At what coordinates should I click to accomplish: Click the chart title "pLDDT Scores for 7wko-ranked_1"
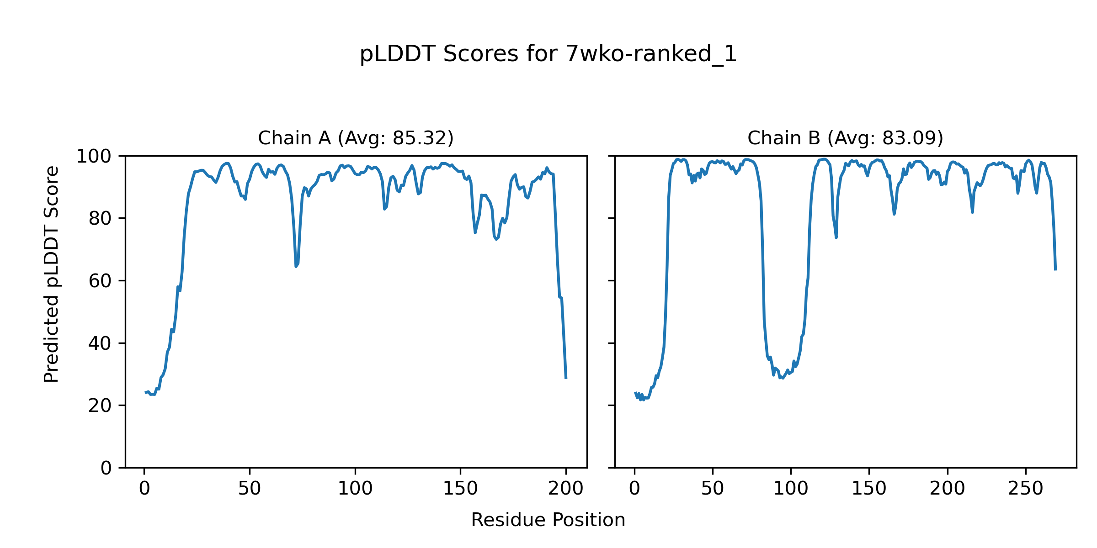pyautogui.click(x=548, y=54)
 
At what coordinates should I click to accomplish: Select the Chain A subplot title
pyautogui.click(x=356, y=138)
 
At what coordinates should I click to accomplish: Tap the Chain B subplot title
pyautogui.click(x=845, y=138)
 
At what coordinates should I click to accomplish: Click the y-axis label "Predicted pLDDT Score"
pyautogui.click(x=52, y=274)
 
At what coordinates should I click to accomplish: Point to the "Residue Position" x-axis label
pyautogui.click(x=548, y=520)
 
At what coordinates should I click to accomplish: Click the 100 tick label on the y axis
pyautogui.click(x=94, y=157)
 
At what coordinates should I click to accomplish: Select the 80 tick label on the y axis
pyautogui.click(x=100, y=219)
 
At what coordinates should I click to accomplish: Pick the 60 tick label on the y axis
pyautogui.click(x=100, y=281)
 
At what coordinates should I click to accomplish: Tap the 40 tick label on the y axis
pyautogui.click(x=100, y=343)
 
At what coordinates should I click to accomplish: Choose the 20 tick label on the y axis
pyautogui.click(x=100, y=406)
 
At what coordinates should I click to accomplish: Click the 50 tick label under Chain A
pyautogui.click(x=250, y=489)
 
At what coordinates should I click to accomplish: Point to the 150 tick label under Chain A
pyautogui.click(x=460, y=489)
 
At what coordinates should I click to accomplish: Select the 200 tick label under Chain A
pyautogui.click(x=566, y=489)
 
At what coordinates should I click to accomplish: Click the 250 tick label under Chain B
pyautogui.click(x=1026, y=489)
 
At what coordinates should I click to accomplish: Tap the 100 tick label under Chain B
pyautogui.click(x=791, y=489)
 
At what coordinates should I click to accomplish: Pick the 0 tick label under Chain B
pyautogui.click(x=634, y=489)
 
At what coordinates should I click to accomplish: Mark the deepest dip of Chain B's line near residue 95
pyautogui.click(x=783, y=378)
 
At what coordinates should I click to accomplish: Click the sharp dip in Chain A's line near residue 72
pyautogui.click(x=296, y=266)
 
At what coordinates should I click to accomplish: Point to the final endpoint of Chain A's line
pyautogui.click(x=566, y=378)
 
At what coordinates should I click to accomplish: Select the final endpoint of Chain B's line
pyautogui.click(x=1055, y=270)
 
